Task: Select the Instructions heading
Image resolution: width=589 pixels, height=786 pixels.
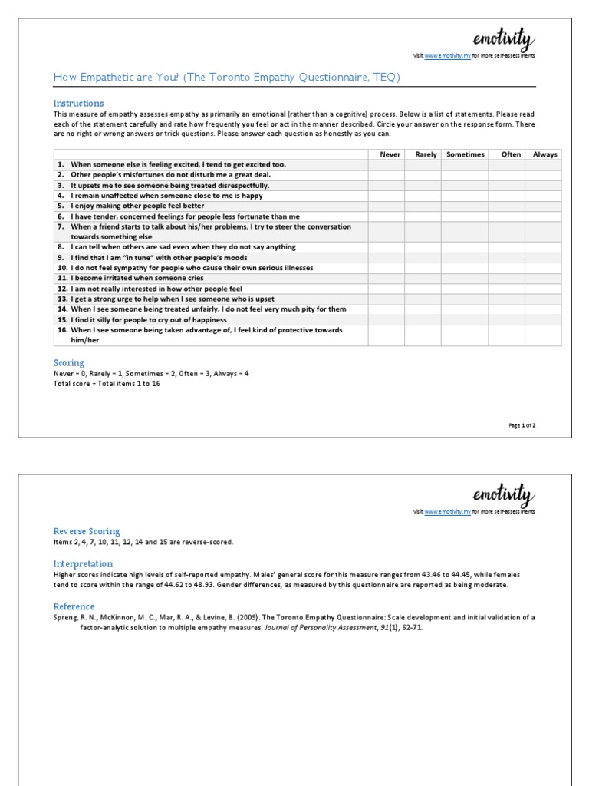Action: point(78,103)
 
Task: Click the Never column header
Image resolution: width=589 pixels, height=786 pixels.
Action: point(390,154)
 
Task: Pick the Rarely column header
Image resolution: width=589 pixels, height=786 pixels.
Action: point(426,154)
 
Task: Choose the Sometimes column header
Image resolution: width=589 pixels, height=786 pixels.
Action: point(465,154)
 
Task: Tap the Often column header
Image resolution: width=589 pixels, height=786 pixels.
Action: point(511,154)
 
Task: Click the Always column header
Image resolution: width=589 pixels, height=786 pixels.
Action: point(545,154)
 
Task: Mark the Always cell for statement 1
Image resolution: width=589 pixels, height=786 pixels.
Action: point(545,164)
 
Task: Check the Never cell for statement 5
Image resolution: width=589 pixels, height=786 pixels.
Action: point(387,206)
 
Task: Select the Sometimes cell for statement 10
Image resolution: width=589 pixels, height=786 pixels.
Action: point(465,268)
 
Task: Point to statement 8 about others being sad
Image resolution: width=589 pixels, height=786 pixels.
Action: point(183,247)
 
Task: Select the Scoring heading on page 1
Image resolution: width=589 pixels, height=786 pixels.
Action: point(69,362)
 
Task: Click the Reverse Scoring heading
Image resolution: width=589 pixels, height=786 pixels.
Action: point(87,531)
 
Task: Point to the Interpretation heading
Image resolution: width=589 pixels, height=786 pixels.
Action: point(83,563)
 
